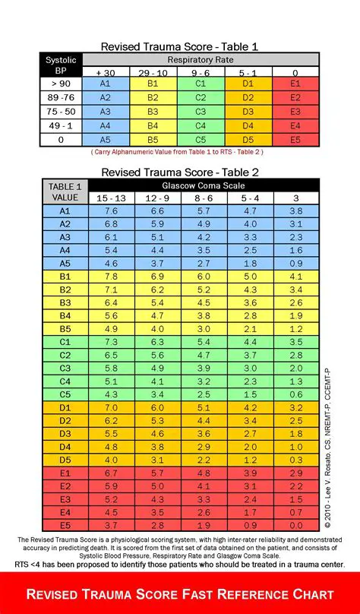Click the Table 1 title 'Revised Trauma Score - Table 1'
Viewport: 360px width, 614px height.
tap(180, 47)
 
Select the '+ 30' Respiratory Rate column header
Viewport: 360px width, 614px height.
tap(105, 71)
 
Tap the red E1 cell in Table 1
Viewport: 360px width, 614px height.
tap(295, 84)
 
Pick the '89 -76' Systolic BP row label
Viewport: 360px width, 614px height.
tap(61, 98)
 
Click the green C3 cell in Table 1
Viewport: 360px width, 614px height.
tap(201, 112)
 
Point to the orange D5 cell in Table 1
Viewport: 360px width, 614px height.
tap(248, 139)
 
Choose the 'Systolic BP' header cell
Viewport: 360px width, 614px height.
tap(61, 65)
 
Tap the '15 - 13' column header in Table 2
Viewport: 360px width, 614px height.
tap(111, 198)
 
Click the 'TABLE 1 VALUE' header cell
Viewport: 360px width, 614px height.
tap(65, 191)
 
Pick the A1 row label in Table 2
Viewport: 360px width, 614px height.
tap(65, 210)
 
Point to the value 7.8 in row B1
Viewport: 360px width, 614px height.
tap(111, 277)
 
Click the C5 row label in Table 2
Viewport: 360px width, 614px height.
tap(65, 395)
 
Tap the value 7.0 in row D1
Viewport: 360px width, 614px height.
tap(111, 408)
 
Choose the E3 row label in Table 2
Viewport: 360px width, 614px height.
tap(65, 499)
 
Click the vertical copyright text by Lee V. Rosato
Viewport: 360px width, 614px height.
tap(327, 448)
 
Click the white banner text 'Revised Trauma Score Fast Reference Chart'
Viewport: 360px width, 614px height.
tap(180, 593)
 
